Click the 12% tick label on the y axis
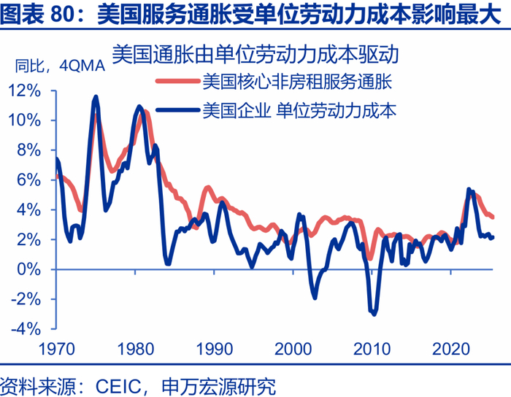pos(26,90)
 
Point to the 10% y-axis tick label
pos(26,120)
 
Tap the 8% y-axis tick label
pos(30,150)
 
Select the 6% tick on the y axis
pos(30,180)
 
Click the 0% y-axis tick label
pos(30,269)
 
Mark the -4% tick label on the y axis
pos(27,329)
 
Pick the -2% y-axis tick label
pos(27,299)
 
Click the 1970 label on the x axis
pos(55,348)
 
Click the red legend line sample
pos(176,81)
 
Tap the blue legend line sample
pos(176,111)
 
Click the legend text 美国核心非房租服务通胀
pos(297,81)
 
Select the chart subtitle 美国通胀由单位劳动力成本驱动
pos(260,54)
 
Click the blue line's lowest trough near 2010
pos(374,313)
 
